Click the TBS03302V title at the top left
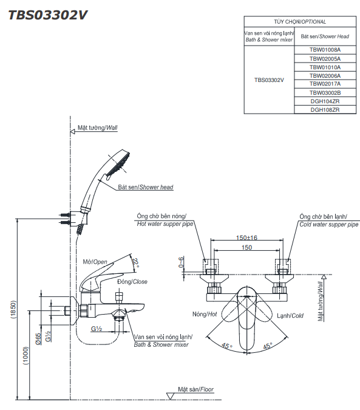[48, 15]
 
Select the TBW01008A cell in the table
[325, 50]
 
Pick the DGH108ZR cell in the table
[325, 110]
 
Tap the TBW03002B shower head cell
[325, 93]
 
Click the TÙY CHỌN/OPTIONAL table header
[300, 22]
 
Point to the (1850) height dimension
[13, 309]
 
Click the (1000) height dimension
[26, 355]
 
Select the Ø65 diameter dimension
[38, 338]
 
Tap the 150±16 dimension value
[246, 237]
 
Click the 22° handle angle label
[135, 262]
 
